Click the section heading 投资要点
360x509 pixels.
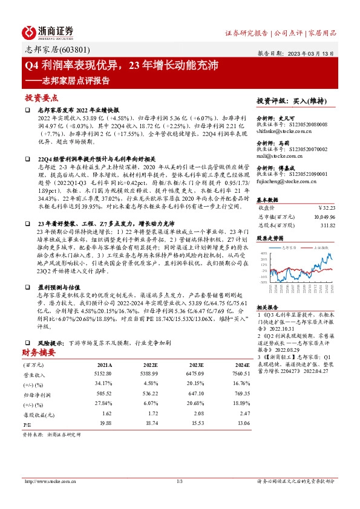coord(41,97)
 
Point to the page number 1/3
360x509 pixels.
coord(179,481)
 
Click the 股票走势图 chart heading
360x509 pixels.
coord(270,238)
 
